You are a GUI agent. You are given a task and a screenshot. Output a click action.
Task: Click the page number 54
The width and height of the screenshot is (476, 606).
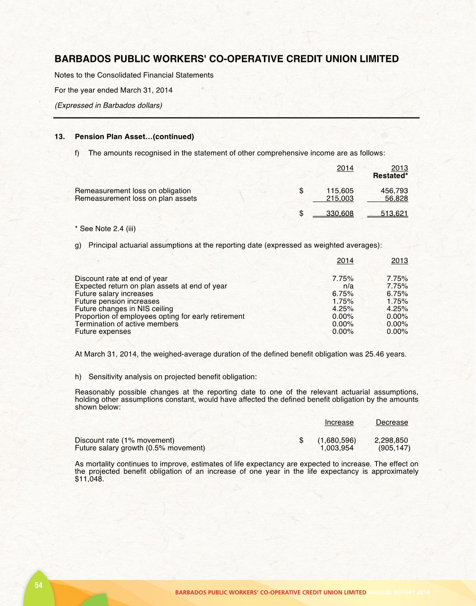[x=39, y=585]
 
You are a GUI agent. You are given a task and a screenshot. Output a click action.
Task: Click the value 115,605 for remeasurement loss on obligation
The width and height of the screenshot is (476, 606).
[x=340, y=191]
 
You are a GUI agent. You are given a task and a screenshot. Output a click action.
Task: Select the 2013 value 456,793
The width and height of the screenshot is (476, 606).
[x=394, y=191]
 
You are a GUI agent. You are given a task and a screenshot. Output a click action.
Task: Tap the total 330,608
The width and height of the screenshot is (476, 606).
[x=340, y=214]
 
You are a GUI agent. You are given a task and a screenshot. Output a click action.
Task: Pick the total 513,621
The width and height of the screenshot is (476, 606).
[x=394, y=214]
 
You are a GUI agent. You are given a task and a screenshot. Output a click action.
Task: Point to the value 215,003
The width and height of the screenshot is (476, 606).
[x=340, y=198]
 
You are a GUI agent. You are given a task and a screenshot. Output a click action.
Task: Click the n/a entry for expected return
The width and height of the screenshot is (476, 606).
[x=348, y=286]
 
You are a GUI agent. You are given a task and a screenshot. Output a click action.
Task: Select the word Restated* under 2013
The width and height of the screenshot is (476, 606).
[x=390, y=176]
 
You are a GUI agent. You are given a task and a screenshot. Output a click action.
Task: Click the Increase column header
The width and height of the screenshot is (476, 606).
[x=339, y=422]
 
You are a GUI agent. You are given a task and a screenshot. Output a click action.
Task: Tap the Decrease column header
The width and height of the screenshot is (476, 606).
[x=392, y=422]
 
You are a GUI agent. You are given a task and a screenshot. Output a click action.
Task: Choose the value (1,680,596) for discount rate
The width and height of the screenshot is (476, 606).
[x=336, y=440]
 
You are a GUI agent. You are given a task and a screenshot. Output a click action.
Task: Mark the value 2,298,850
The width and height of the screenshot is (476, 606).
[x=391, y=440]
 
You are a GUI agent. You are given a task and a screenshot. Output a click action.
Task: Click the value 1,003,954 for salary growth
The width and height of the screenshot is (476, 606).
[x=336, y=448]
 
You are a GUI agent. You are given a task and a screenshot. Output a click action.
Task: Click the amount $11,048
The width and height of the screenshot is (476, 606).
[x=89, y=479]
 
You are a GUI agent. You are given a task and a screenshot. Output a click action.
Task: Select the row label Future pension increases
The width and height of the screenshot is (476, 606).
[x=117, y=301]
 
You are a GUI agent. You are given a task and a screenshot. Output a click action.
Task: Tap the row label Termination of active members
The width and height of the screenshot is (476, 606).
[x=127, y=324]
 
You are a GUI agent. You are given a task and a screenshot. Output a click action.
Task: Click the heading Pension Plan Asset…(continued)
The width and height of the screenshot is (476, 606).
[x=134, y=136]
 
